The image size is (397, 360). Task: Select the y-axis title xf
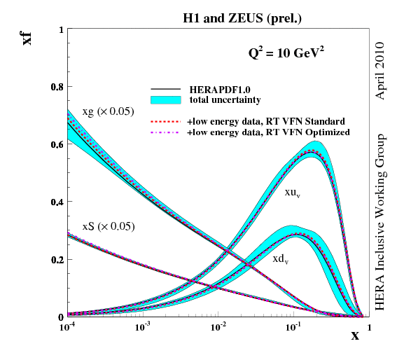27,36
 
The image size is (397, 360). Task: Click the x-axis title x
355,335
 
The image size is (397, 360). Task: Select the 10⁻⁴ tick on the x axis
68,326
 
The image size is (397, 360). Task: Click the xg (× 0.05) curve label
108,112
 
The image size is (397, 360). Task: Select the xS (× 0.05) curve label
108,226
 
